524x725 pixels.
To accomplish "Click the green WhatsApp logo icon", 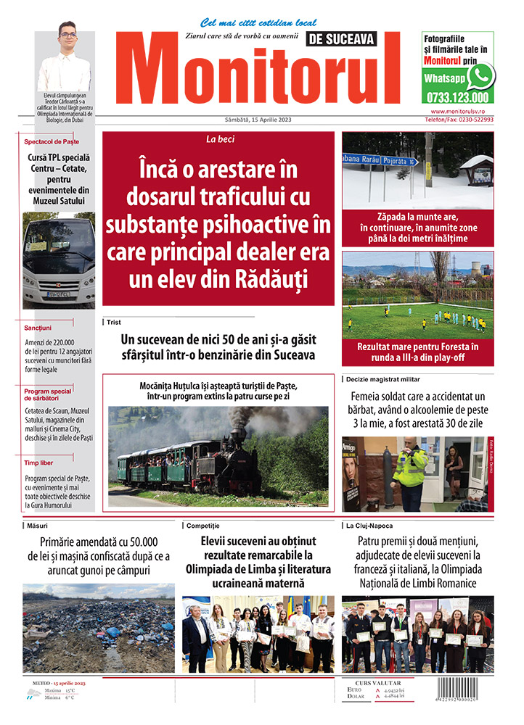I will pos(480,76).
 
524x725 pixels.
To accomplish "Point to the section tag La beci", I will pos(218,138).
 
